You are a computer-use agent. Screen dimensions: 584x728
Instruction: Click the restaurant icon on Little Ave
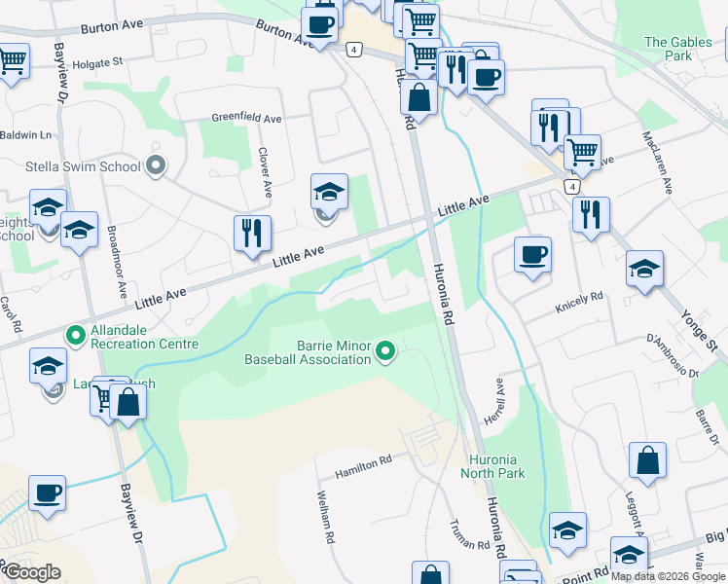point(252,234)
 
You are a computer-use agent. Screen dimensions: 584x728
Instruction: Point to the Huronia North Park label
point(496,466)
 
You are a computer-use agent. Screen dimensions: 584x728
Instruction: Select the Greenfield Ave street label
point(247,118)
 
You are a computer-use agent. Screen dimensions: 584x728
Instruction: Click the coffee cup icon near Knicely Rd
point(532,255)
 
